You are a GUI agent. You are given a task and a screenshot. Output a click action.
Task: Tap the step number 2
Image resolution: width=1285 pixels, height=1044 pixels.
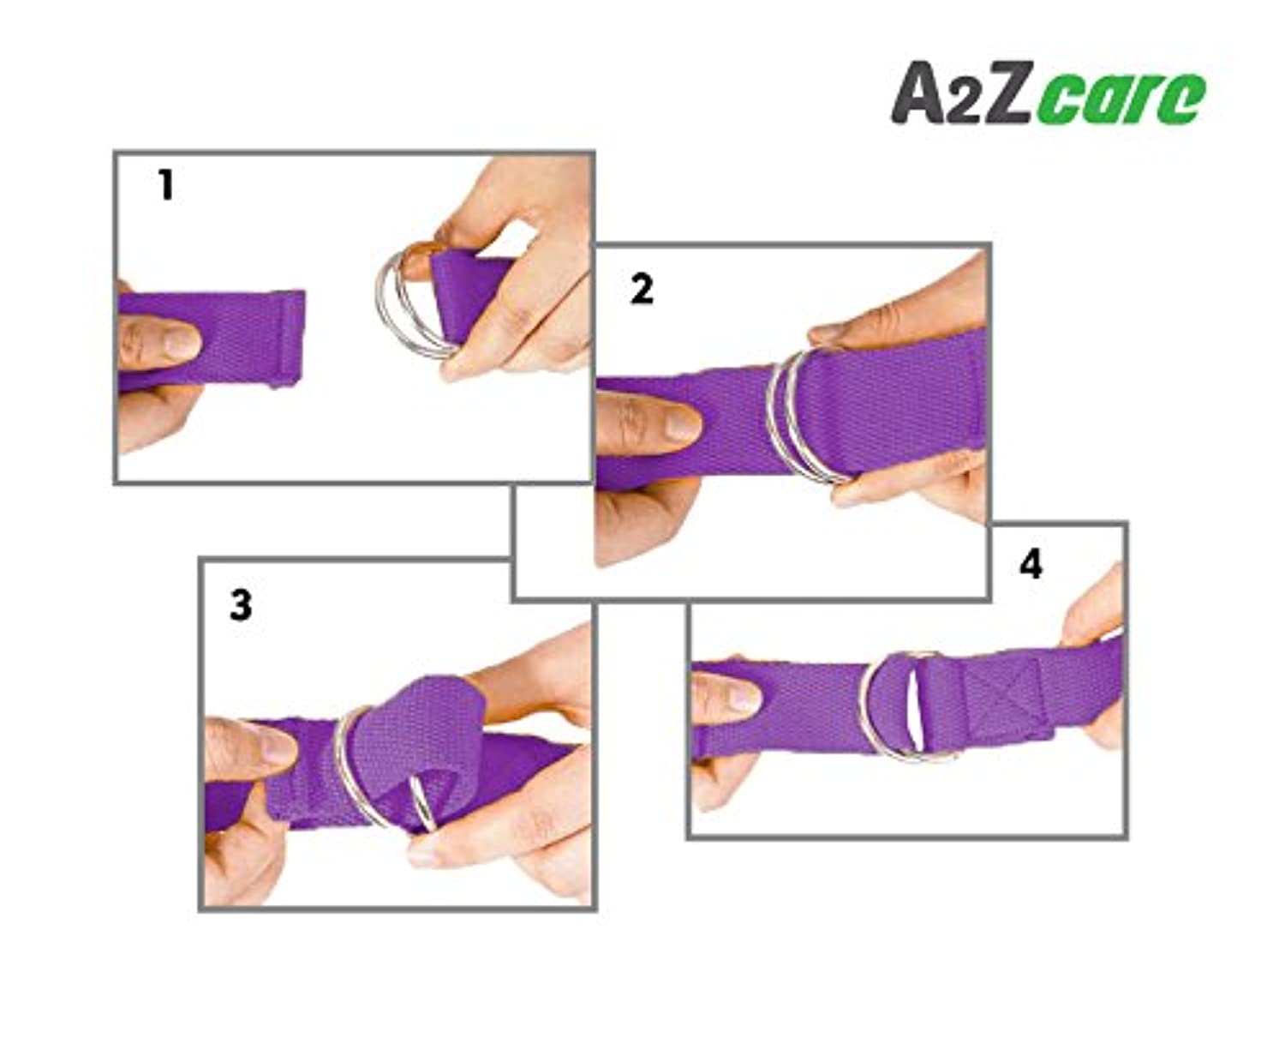(642, 290)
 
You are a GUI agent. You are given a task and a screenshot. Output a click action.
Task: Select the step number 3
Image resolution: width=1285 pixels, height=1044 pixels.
(240, 605)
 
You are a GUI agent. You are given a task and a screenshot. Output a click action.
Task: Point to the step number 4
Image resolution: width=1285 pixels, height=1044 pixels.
(1031, 565)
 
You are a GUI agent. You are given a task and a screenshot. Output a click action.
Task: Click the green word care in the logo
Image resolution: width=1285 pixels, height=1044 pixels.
(1121, 99)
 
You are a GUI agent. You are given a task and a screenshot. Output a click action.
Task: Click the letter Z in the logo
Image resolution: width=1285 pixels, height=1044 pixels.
(1005, 93)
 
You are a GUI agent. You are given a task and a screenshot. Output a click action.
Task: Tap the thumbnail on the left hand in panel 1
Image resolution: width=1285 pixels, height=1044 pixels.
(181, 341)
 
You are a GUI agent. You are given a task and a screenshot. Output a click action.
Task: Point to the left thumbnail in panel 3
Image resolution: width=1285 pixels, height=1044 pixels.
(277, 746)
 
